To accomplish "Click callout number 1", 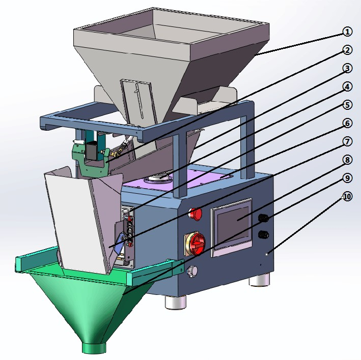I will coord(347,32).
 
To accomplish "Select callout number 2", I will coord(347,50).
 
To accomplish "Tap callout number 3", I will coord(347,68).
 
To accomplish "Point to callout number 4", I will coord(347,87).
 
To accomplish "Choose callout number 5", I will coord(347,105).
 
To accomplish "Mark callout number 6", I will coord(347,123).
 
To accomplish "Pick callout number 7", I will coord(347,141).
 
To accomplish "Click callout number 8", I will coord(347,160).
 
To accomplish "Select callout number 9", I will coord(347,177).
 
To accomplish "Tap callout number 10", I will coord(347,196).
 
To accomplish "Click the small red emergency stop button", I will coord(196,214).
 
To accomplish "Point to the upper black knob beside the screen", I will coord(264,218).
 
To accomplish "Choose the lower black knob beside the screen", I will coord(264,234).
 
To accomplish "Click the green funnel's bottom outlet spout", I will coord(95,348).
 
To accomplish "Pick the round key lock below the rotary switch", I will coord(192,272).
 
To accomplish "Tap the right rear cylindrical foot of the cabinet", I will coord(261,280).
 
